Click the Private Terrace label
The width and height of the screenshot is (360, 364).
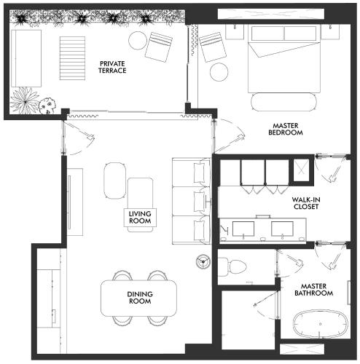112,67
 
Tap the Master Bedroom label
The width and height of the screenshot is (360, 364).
286,129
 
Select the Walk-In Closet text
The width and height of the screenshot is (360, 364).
306,203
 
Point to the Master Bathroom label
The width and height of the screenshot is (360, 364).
313,290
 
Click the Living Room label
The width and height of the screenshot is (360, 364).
140,218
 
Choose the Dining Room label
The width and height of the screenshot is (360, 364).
140,298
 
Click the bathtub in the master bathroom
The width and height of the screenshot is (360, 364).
321,324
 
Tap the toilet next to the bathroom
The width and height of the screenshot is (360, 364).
232,267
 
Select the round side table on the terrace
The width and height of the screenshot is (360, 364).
138,41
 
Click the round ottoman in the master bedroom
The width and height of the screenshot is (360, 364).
219,72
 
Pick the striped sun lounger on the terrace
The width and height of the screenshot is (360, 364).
72,58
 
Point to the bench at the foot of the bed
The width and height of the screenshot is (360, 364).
284,102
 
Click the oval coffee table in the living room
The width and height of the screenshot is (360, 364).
114,181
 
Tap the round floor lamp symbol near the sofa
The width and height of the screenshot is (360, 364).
203,261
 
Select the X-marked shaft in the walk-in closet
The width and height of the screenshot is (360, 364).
301,170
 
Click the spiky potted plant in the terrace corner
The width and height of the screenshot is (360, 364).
25,100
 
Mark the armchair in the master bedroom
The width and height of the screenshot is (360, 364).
213,47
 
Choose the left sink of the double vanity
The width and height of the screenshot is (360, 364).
243,229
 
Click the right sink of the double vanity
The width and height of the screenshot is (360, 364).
282,229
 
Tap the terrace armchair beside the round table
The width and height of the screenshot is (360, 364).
159,47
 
